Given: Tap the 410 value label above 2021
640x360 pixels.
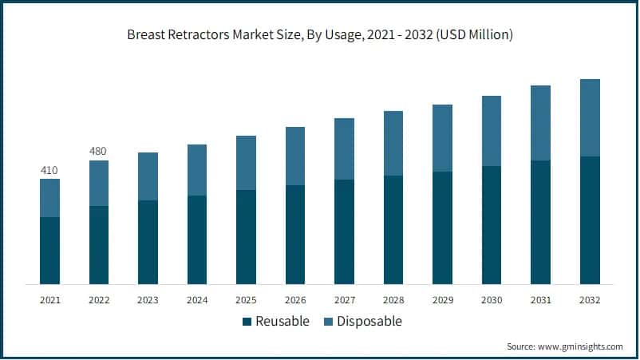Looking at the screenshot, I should pyautogui.click(x=49, y=170).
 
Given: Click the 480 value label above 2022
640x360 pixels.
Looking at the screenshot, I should pyautogui.click(x=99, y=152).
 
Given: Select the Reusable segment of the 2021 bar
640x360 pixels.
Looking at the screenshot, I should pyautogui.click(x=49, y=250).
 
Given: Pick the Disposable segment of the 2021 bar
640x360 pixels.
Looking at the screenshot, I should pyautogui.click(x=49, y=198).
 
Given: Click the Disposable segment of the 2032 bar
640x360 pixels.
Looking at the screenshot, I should pyautogui.click(x=590, y=117).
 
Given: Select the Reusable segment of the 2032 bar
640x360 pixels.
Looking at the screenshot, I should pyautogui.click(x=590, y=220).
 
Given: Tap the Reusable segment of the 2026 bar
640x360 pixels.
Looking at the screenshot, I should pyautogui.click(x=295, y=234).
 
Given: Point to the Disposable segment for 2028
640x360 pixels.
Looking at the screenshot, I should pyautogui.click(x=393, y=143).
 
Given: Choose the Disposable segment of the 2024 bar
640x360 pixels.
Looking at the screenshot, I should pyautogui.click(x=197, y=170).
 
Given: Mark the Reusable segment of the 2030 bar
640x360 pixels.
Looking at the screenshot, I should pyautogui.click(x=492, y=224).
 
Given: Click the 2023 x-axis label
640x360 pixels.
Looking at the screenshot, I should pyautogui.click(x=148, y=300).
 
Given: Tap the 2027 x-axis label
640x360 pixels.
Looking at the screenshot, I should pyautogui.click(x=344, y=300).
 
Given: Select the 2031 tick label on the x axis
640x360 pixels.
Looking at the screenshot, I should pyautogui.click(x=540, y=300).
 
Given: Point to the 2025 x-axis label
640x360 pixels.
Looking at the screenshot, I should pyautogui.click(x=246, y=300).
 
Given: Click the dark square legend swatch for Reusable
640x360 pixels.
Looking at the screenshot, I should pyautogui.click(x=247, y=322).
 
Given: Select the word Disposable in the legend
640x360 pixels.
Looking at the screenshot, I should pyautogui.click(x=368, y=322).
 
